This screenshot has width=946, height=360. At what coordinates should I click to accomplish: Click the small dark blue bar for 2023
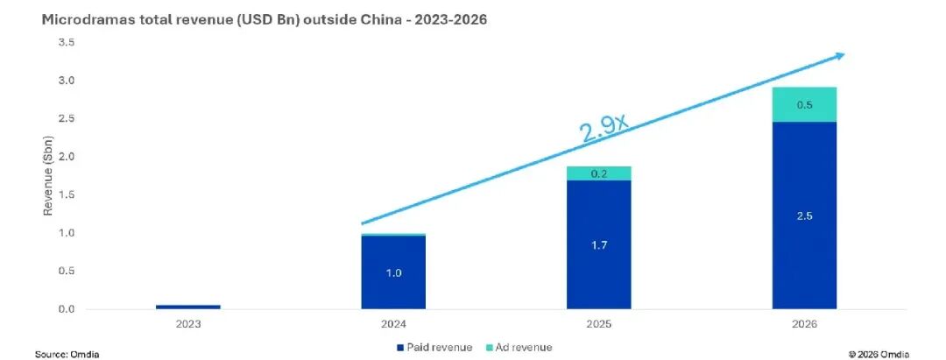[188, 307]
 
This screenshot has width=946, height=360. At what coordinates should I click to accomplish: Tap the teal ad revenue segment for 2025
[598, 173]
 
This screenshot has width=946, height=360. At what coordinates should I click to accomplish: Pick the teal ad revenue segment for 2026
[804, 104]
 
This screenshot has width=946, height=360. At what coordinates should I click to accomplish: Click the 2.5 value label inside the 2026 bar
[804, 215]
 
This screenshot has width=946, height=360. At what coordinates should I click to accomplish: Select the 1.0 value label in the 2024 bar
[393, 273]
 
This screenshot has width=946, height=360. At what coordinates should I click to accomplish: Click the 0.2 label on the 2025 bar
[598, 173]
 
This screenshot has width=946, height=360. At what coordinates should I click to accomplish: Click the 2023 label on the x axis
[188, 324]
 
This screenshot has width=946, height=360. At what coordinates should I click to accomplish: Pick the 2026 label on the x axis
[804, 324]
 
